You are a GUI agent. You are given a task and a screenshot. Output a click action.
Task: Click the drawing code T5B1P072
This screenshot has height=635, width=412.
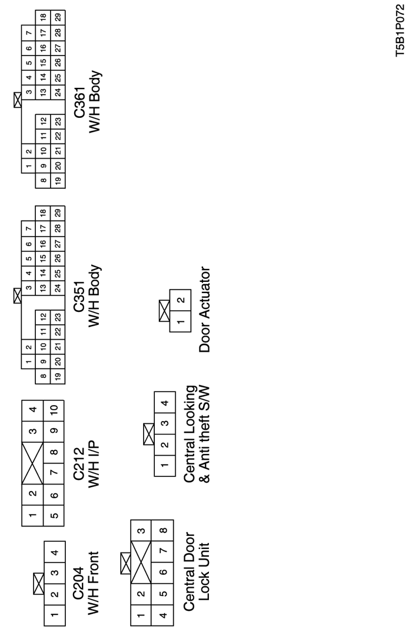pos(400,31)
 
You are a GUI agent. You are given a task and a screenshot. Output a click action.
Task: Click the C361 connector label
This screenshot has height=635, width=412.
pos(79,103)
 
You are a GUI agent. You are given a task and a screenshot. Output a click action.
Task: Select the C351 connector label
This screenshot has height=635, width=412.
pos(79,297)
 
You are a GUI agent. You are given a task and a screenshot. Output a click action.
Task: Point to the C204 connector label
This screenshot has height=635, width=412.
pos(79,583)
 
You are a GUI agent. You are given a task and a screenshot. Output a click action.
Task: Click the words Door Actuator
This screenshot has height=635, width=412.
pos(205,310)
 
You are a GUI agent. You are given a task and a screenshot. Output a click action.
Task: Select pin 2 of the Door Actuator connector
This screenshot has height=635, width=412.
pos(180,300)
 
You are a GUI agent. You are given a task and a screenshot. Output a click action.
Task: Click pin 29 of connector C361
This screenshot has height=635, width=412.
pos(58,18)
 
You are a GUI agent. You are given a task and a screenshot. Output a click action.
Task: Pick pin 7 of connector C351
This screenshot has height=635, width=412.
pos(29,229)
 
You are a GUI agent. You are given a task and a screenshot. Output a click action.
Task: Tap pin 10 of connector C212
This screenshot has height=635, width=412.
pos(54,409)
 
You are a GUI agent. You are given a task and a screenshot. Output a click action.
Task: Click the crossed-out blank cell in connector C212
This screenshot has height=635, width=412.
pos(33,463)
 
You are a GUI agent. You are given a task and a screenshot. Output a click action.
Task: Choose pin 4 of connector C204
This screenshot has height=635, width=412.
pos(55,552)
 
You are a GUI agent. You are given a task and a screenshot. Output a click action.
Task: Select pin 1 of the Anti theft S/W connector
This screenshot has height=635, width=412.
pos(165,465)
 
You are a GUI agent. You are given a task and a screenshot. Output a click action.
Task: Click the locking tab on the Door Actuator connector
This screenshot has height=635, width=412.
pos(164,311)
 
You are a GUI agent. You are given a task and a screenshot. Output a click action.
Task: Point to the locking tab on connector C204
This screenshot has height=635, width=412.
pos(38,583)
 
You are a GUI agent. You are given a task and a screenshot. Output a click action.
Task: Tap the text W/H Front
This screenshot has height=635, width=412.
pos(93,584)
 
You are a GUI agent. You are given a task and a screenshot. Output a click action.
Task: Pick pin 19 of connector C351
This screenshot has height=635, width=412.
pos(58,376)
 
